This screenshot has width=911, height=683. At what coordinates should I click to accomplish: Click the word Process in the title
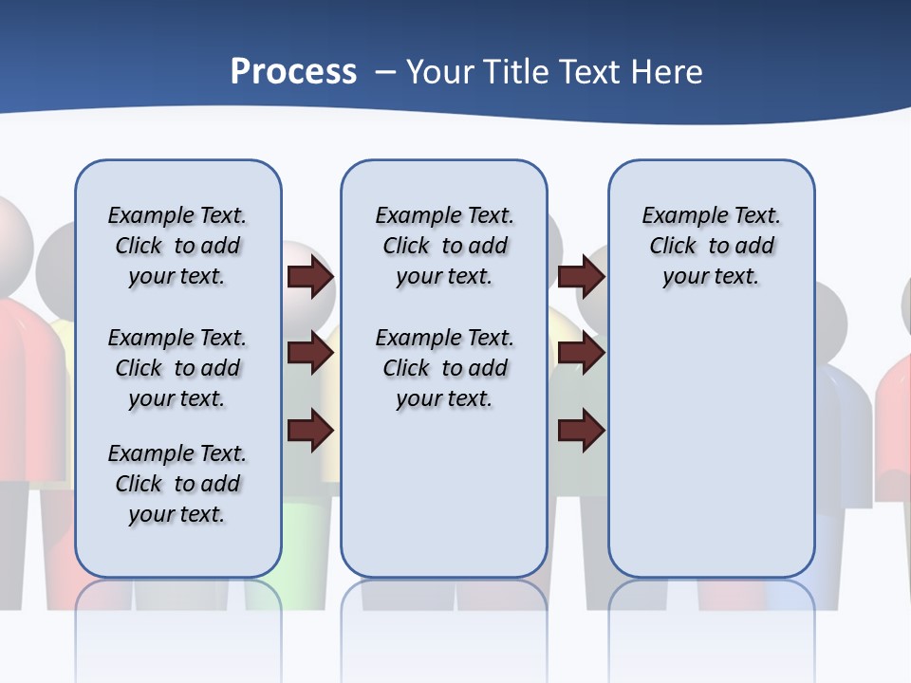[293, 71]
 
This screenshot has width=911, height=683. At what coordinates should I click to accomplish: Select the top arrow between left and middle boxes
[310, 277]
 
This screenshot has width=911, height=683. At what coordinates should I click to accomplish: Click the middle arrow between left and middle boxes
[310, 354]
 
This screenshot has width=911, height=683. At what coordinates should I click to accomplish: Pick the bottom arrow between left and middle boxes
[310, 431]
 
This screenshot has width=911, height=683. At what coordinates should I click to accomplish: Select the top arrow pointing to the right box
[581, 277]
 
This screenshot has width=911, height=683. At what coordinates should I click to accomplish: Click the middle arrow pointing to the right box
[581, 354]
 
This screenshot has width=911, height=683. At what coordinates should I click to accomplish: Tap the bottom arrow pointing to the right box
[581, 431]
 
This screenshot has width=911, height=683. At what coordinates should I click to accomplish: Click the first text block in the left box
[177, 246]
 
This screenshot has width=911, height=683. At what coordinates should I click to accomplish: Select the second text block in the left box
[177, 368]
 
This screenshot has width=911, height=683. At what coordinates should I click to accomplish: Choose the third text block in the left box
[177, 484]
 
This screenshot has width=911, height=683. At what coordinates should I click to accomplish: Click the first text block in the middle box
[444, 246]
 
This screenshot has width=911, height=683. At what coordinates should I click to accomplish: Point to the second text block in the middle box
[444, 368]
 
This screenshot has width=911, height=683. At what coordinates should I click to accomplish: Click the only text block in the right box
[711, 246]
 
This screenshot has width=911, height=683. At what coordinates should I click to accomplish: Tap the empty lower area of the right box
[711, 446]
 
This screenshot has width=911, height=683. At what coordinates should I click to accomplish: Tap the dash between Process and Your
[385, 72]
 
